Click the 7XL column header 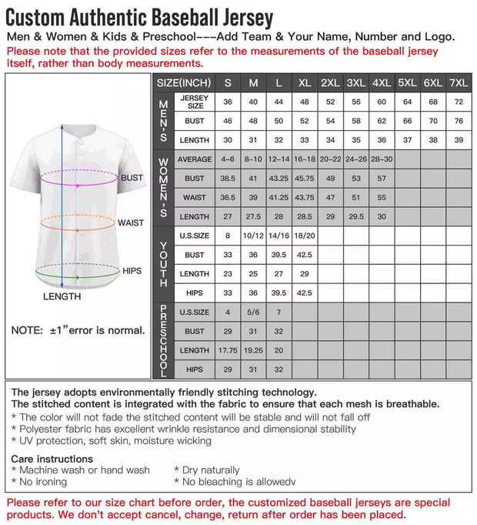click(459, 82)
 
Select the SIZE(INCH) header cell click(184, 82)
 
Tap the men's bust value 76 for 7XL click(459, 121)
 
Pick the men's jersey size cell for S click(228, 102)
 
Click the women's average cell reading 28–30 click(382, 159)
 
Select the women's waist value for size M click(253, 197)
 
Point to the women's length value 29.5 click(355, 216)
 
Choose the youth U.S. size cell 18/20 click(305, 236)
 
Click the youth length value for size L click(279, 273)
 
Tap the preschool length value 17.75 click(228, 350)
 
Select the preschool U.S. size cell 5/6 click(253, 312)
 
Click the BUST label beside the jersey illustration click(132, 178)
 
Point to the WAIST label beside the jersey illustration click(131, 222)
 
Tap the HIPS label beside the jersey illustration click(132, 271)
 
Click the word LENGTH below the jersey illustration click(62, 296)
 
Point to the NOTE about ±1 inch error click(78, 330)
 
